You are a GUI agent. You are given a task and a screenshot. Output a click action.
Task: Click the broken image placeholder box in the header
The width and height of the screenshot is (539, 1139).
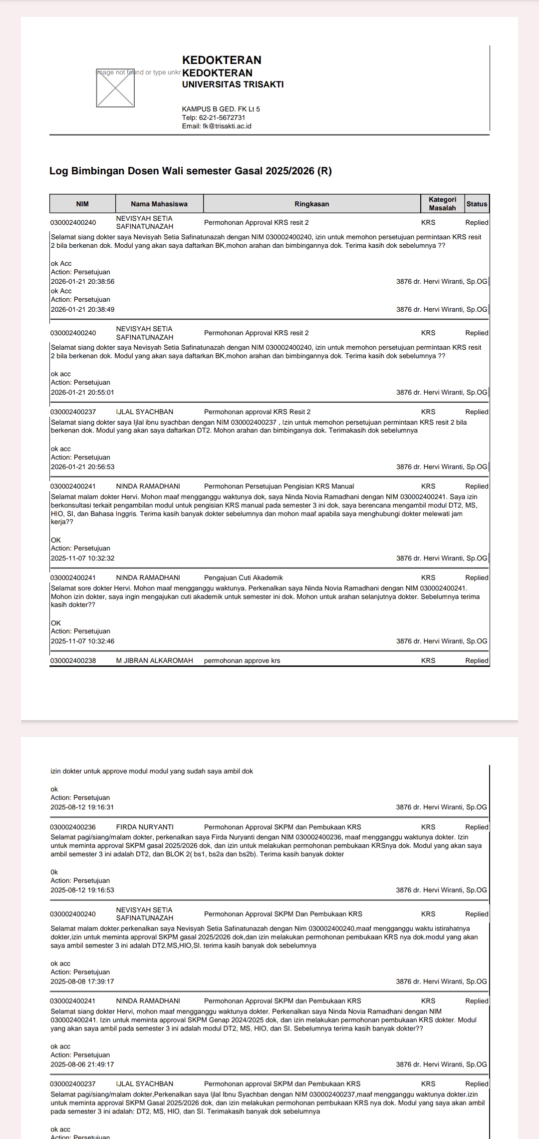pos(115,88)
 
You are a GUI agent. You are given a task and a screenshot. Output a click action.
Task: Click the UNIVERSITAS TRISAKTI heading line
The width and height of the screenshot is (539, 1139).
pos(233,84)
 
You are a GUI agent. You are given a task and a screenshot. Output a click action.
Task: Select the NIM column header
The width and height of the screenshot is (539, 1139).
pos(82,204)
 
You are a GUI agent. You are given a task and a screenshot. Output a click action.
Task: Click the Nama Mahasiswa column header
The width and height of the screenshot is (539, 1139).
pos(159,204)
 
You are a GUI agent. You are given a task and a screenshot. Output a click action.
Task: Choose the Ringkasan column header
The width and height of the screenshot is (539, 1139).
pos(311,204)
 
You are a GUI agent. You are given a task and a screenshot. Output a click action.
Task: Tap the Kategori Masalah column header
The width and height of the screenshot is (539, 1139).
pos(442,204)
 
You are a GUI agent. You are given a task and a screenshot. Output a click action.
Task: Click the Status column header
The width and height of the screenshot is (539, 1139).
pos(477,204)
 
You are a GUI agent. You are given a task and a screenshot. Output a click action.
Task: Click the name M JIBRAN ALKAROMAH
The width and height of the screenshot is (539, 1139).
pos(154,660)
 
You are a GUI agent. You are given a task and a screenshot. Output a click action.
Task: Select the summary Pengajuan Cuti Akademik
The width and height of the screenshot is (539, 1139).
pos(244,577)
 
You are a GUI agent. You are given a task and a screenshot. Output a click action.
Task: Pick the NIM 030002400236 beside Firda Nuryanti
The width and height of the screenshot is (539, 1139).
pos(73,827)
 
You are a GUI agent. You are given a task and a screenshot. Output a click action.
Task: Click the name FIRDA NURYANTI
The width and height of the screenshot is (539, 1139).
pos(145,827)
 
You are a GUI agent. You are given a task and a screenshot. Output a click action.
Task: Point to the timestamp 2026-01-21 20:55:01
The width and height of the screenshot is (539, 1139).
pos(82,393)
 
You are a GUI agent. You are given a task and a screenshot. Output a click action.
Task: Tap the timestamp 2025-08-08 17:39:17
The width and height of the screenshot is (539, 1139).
pos(82,981)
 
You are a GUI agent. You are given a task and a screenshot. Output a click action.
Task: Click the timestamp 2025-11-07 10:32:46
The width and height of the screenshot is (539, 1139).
pos(82,641)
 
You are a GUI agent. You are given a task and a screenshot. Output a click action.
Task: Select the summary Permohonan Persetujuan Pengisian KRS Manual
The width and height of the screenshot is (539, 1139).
pos(279,486)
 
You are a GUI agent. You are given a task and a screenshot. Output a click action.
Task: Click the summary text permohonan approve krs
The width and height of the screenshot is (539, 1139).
pos(242,660)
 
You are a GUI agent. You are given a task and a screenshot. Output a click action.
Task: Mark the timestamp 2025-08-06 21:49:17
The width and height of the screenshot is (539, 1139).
pos(82,1064)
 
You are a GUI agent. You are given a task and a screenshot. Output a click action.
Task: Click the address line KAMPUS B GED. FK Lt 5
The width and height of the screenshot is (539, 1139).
pos(221,109)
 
